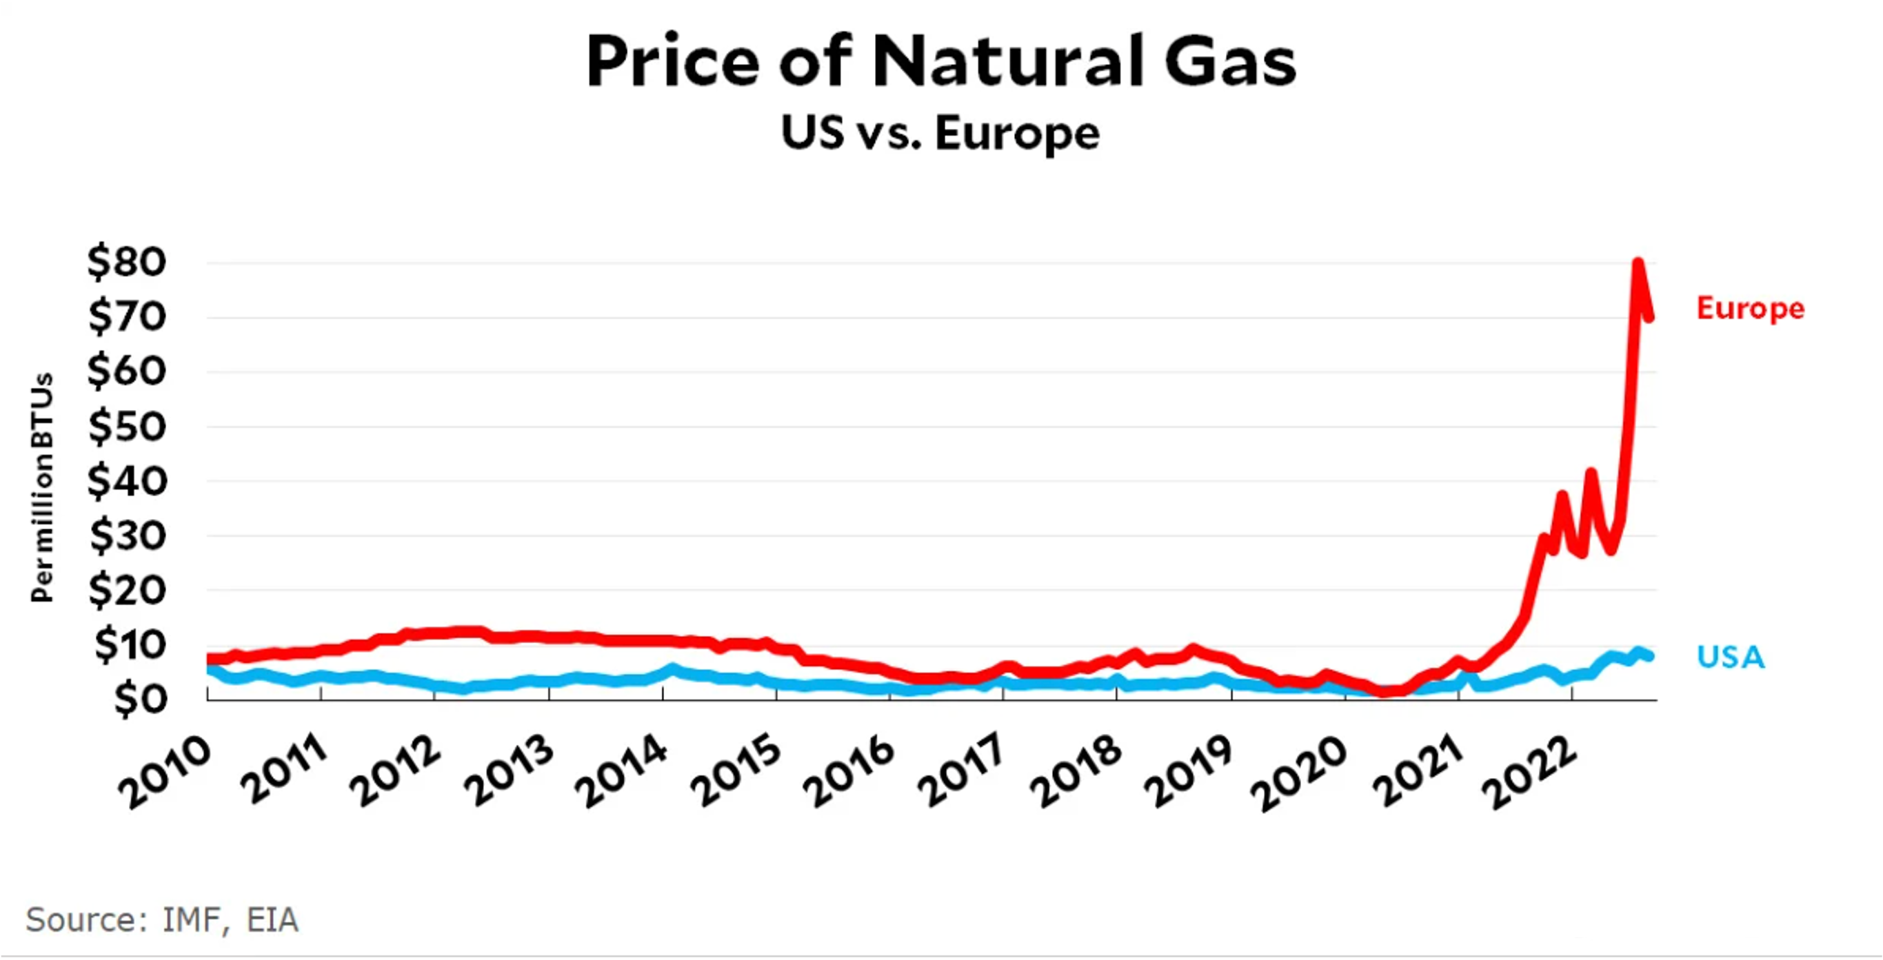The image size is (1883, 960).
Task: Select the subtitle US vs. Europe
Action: click(x=940, y=134)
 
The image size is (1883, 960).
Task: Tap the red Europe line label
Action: click(x=1750, y=307)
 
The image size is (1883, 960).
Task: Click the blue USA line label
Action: click(x=1730, y=657)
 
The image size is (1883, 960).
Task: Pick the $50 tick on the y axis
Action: click(x=127, y=426)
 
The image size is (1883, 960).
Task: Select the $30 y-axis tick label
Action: click(x=127, y=535)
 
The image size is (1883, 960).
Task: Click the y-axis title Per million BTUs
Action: click(x=42, y=487)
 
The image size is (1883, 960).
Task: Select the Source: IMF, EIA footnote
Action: click(x=162, y=919)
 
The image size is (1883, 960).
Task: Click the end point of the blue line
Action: click(x=1650, y=656)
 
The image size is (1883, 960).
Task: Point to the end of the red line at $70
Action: click(x=1650, y=316)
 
